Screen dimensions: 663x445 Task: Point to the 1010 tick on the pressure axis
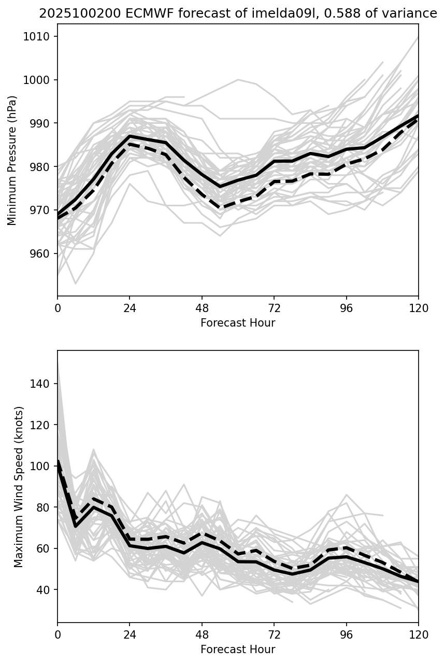[x=43, y=36]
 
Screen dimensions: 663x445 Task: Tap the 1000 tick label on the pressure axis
[x=43, y=80]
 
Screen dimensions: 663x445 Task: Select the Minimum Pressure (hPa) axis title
[x=12, y=160]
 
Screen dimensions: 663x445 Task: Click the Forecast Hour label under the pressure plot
[x=238, y=323]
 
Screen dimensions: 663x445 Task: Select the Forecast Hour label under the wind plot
[x=238, y=649]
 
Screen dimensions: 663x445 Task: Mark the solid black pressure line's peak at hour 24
[x=130, y=136]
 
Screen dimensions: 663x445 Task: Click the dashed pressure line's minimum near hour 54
[x=220, y=208]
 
